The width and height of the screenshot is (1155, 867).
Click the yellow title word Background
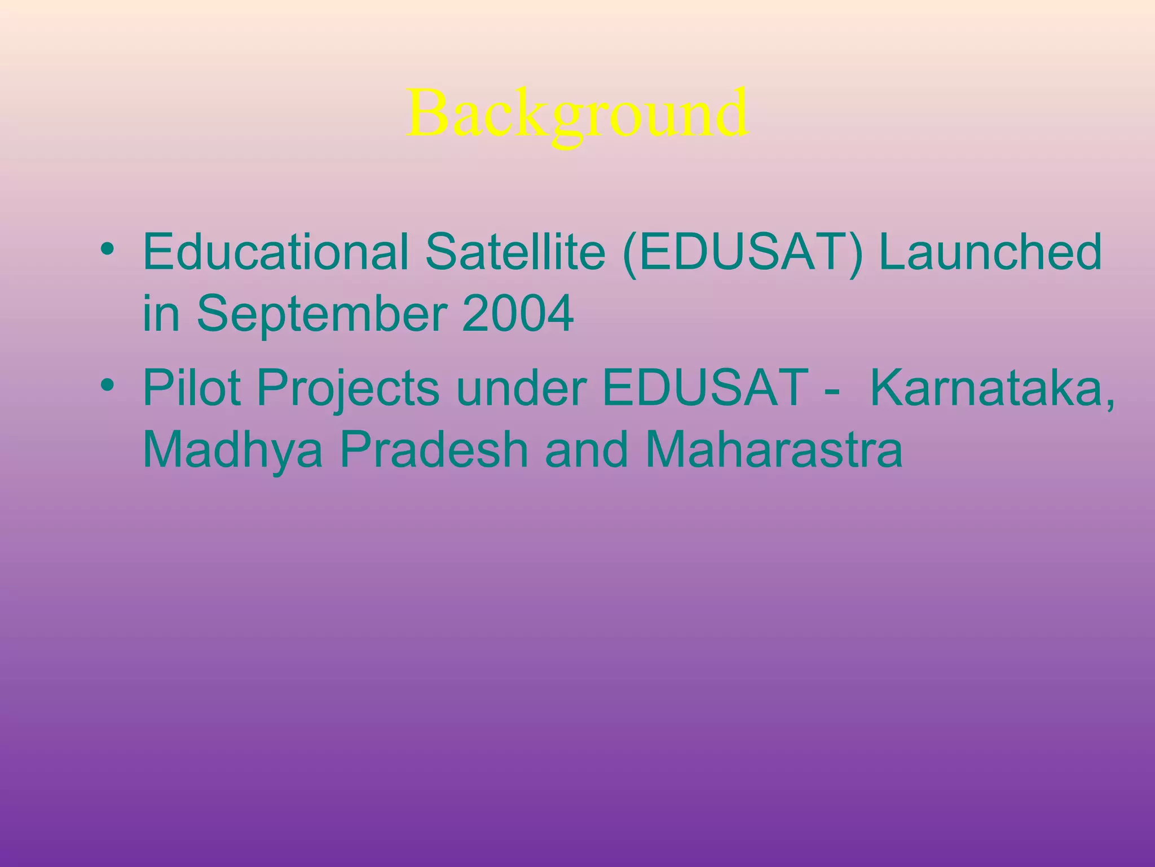pos(577,115)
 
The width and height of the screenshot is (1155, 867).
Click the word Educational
pos(276,252)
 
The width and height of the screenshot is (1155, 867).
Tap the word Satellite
pos(515,252)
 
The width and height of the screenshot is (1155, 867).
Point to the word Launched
pos(990,252)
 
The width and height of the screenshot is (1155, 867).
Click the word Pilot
pos(192,388)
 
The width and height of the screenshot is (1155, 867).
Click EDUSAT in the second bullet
pos(706,388)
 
